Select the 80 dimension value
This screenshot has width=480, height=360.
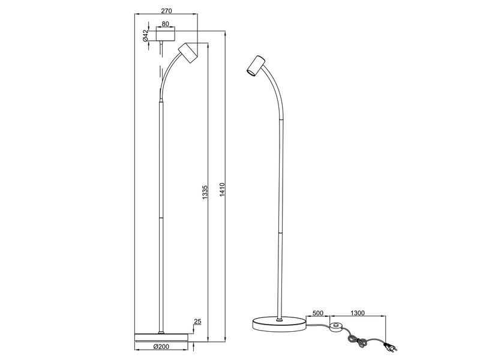point(166,24)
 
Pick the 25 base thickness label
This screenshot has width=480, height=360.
point(197,322)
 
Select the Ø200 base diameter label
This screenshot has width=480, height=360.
point(161,347)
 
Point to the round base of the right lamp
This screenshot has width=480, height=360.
point(278,325)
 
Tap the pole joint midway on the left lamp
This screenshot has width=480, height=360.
point(160,217)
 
